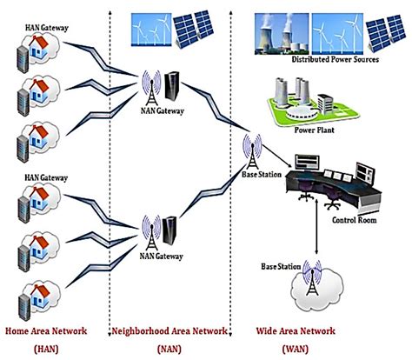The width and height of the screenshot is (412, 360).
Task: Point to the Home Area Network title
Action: pos(50,330)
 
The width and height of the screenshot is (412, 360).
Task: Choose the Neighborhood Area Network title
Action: pos(169,330)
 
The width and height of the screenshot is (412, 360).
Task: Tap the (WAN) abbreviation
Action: pos(294,348)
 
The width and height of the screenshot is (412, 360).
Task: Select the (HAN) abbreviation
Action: pos(45,348)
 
